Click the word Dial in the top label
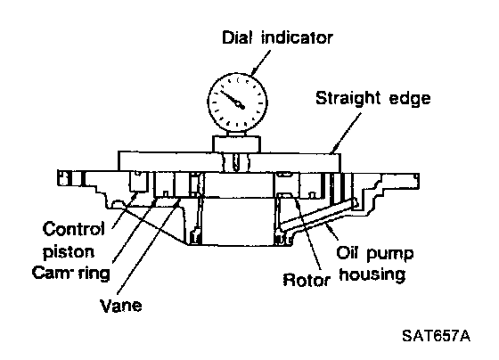tap(237, 37)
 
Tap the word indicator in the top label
tap(297, 37)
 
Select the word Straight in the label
tap(348, 98)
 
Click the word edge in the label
tap(410, 99)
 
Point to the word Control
tap(73, 229)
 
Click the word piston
tap(69, 252)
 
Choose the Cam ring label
tap(70, 273)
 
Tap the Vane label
tap(121, 306)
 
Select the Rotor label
tap(307, 280)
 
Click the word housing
tap(372, 274)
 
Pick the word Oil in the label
tap(348, 252)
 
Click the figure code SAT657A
tap(436, 336)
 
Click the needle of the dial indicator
tap(233, 99)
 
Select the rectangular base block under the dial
tap(236, 143)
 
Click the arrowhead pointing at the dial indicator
tap(255, 70)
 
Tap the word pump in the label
tap(390, 254)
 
